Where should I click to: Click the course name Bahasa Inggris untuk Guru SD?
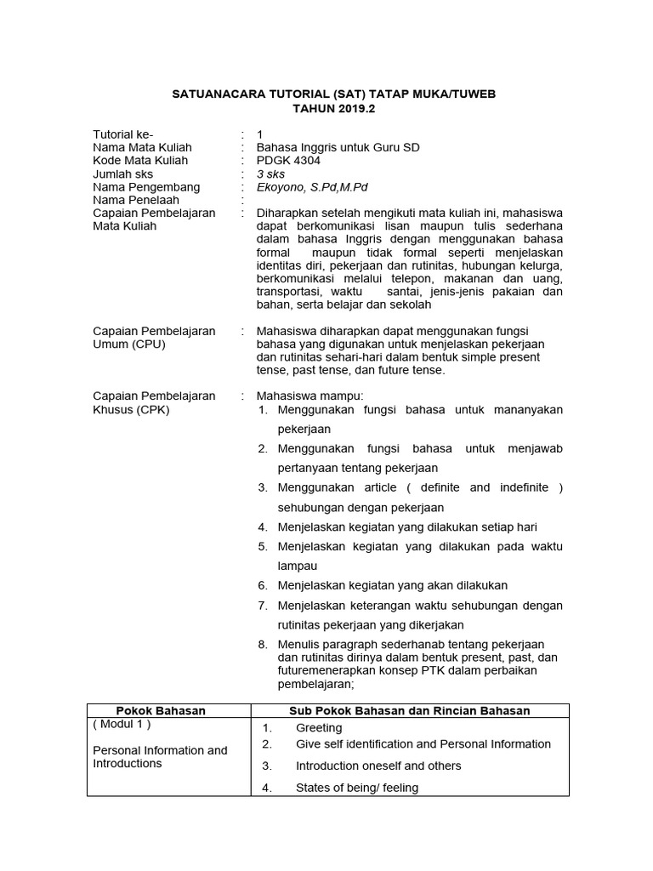338,147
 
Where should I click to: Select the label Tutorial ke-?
123,134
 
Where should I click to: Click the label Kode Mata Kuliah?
140,160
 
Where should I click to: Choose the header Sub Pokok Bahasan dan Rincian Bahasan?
410,710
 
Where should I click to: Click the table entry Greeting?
319,728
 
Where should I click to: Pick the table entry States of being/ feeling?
357,788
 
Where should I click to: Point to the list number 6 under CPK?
263,585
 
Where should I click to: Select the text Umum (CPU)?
129,344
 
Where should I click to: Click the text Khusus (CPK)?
131,409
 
